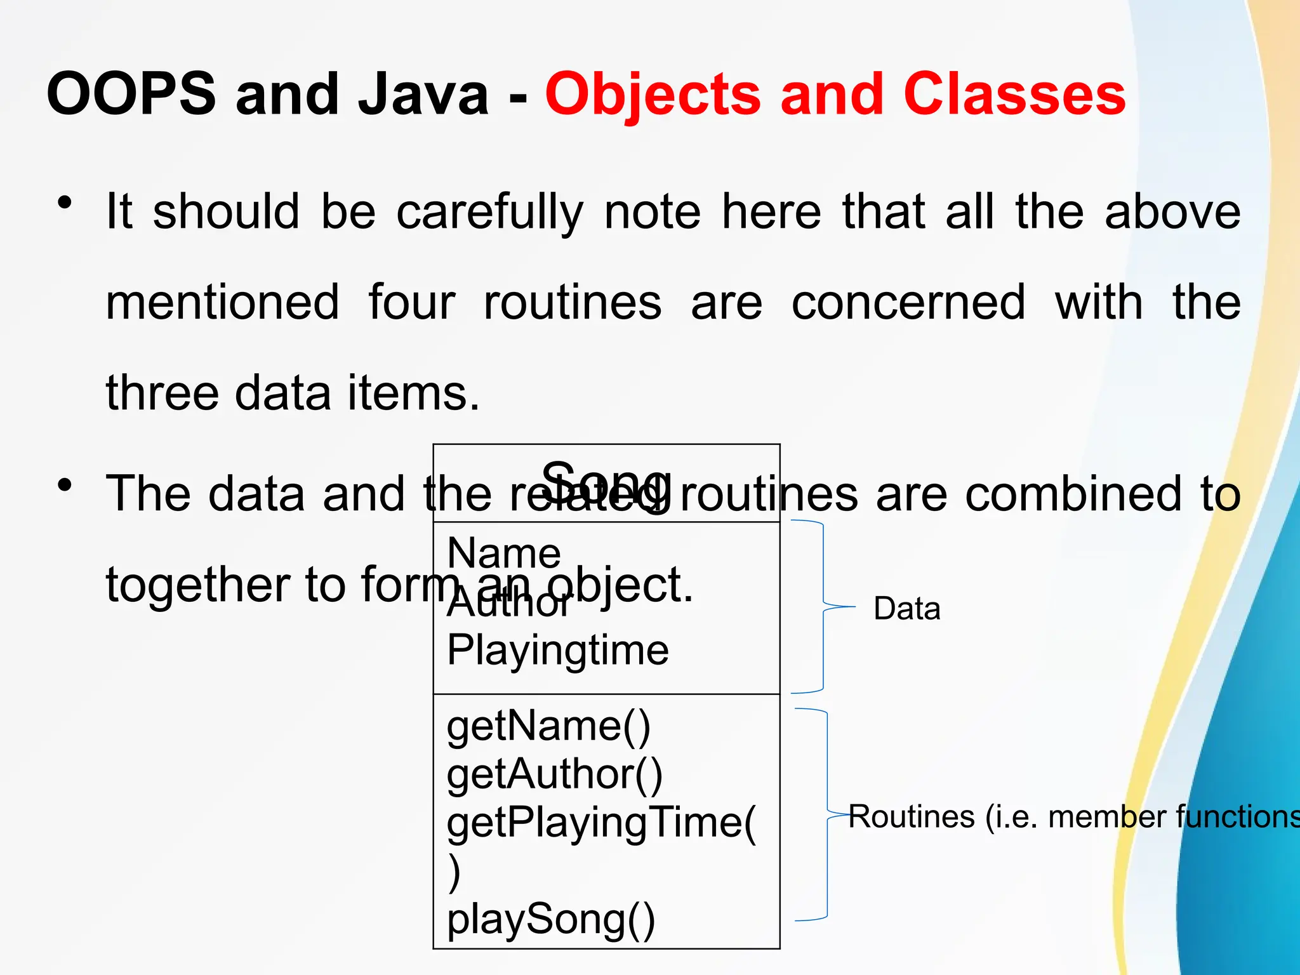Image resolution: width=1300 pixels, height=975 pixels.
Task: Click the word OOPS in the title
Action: pyautogui.click(x=131, y=94)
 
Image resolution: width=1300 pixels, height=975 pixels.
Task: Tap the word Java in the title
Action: pyautogui.click(x=423, y=94)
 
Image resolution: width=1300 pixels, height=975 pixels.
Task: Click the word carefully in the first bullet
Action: pyautogui.click(x=489, y=213)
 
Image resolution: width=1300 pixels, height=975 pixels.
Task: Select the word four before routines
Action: pyautogui.click(x=411, y=302)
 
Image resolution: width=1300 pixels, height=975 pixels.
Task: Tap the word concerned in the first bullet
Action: pyautogui.click(x=908, y=302)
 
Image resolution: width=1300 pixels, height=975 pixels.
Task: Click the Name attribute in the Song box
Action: pyautogui.click(x=504, y=553)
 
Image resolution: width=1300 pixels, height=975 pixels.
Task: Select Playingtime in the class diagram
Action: pyautogui.click(x=558, y=650)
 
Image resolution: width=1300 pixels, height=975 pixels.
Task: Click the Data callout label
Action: pyautogui.click(x=906, y=608)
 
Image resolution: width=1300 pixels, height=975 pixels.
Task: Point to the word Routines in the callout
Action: pyautogui.click(x=912, y=816)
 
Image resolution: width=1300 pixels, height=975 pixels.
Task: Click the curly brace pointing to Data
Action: pyautogui.click(x=823, y=607)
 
